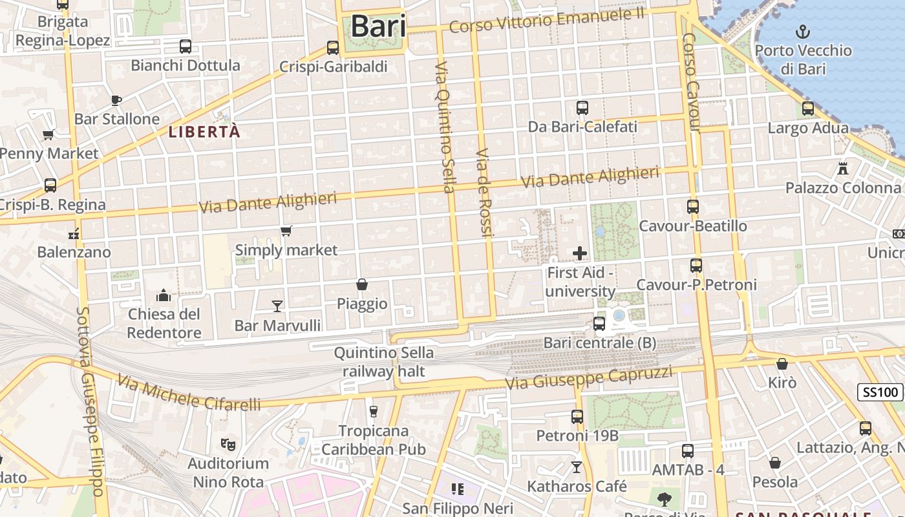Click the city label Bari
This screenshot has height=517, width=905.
(x=378, y=27)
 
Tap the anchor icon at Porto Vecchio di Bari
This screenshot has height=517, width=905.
(x=802, y=31)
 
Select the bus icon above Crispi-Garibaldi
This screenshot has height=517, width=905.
(x=333, y=47)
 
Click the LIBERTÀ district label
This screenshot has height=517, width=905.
(x=204, y=132)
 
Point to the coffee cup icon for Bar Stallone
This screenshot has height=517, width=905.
(x=116, y=100)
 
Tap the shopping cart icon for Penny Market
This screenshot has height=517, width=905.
(x=48, y=135)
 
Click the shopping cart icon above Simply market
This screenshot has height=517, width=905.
(x=286, y=231)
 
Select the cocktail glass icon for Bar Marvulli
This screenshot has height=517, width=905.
(x=277, y=306)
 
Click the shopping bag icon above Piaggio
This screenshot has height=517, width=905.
(x=362, y=284)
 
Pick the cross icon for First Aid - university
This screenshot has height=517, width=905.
(x=580, y=253)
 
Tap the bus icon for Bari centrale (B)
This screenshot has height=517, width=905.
(x=599, y=323)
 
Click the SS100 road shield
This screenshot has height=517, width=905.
(x=880, y=392)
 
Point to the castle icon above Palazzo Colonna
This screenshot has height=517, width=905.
(x=842, y=169)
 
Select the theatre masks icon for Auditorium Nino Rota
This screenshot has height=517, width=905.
(x=228, y=444)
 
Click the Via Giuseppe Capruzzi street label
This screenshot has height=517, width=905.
(x=588, y=378)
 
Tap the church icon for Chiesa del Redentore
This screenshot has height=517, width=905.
(x=164, y=295)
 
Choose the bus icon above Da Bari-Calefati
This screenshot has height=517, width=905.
(x=582, y=108)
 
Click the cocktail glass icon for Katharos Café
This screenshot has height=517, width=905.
(x=577, y=467)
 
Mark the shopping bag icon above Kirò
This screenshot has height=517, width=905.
(x=782, y=364)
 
